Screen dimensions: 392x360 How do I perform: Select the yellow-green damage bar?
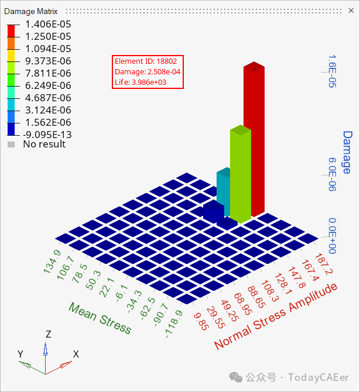pyautogui.click(x=240, y=173)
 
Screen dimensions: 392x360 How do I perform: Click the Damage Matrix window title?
pyautogui.click(x=31, y=11)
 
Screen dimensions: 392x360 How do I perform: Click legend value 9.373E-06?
pyautogui.click(x=48, y=61)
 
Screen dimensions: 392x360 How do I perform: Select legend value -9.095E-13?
pyautogui.click(x=47, y=135)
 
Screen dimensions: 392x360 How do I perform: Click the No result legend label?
pyautogui.click(x=44, y=144)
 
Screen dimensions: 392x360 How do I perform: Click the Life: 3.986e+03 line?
pyautogui.click(x=140, y=82)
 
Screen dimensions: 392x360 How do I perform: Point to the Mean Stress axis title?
pyautogui.click(x=100, y=318)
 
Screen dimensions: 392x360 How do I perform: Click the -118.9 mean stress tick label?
pyautogui.click(x=173, y=323)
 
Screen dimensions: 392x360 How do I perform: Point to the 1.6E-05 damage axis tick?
pyautogui.click(x=331, y=71)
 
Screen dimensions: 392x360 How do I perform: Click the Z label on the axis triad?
pyautogui.click(x=49, y=334)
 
